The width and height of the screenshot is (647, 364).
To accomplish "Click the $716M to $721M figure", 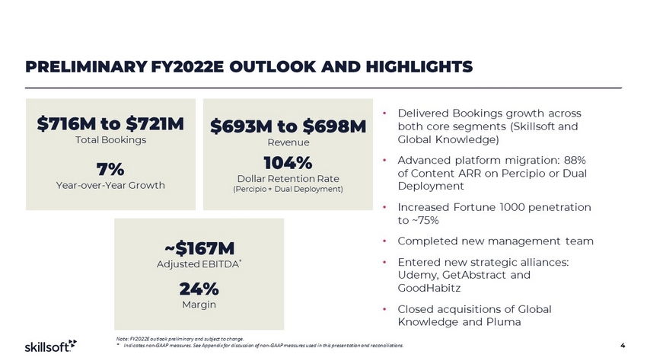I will point(110,124).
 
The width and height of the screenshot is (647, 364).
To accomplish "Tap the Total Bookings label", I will point(110,140).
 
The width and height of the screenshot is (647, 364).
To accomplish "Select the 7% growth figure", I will point(110,168).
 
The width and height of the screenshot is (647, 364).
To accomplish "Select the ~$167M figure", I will point(199,248).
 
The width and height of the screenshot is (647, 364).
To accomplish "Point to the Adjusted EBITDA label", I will point(197,263).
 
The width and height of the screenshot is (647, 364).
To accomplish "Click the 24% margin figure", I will point(199,289).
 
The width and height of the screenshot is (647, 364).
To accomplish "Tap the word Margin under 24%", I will point(199,305).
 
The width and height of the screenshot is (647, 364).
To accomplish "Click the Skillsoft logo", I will point(46,346).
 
